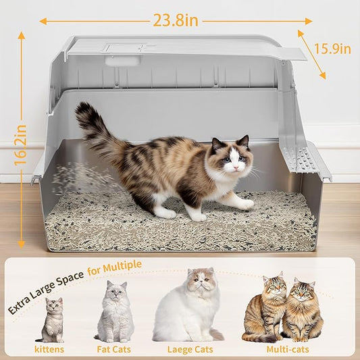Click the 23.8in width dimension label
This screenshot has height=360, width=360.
click(175, 20)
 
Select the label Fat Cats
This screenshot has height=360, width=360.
click(114, 349)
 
